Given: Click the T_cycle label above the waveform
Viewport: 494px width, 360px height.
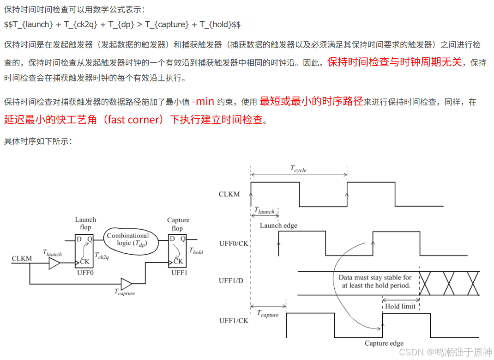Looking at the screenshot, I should pyautogui.click(x=299, y=169).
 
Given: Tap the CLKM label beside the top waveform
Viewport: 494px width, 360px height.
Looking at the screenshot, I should pyautogui.click(x=229, y=194).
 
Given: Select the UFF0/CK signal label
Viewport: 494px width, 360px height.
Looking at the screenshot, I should pyautogui.click(x=234, y=243).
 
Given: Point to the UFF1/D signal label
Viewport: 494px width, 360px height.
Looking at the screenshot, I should pyautogui.click(x=231, y=281).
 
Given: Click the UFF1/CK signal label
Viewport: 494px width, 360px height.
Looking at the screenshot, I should pyautogui.click(x=234, y=320).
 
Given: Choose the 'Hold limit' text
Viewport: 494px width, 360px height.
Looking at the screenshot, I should pyautogui.click(x=400, y=306).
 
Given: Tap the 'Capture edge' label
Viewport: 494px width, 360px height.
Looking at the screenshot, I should pyautogui.click(x=384, y=343).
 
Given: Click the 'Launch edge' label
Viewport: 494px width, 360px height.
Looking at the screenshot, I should pyautogui.click(x=278, y=226).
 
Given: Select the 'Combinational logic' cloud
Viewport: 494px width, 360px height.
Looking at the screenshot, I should pyautogui.click(x=128, y=239).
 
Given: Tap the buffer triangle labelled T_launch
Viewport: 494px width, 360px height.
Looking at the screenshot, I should pyautogui.click(x=54, y=263).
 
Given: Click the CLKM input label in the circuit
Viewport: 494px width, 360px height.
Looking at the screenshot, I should pyautogui.click(x=22, y=259).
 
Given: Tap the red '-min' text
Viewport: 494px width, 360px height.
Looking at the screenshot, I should pyautogui.click(x=203, y=102).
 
